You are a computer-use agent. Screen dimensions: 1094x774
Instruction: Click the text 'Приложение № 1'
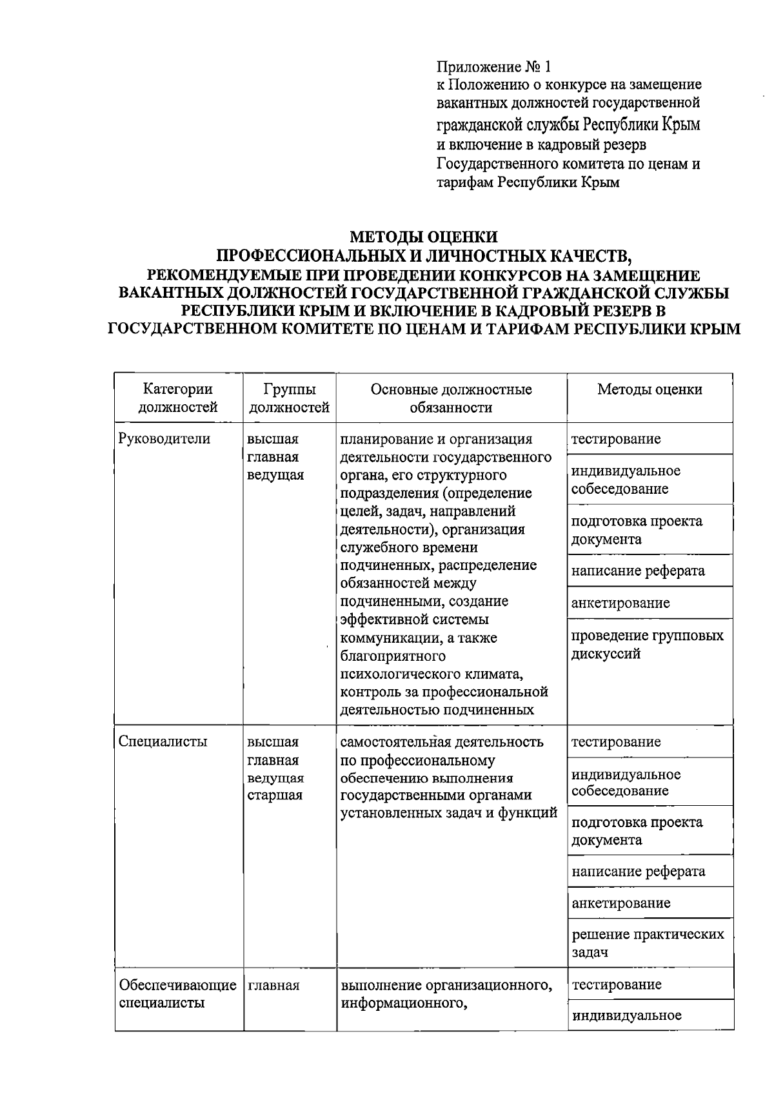click(495, 66)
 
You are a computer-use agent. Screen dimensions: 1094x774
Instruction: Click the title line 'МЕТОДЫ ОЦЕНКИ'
click(423, 237)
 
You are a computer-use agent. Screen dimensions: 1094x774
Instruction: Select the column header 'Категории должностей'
click(178, 398)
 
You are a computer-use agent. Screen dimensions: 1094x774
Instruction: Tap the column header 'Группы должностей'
click(289, 398)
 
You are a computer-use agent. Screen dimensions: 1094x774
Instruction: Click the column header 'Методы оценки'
click(650, 389)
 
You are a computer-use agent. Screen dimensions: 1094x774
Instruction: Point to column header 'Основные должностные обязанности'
click(451, 398)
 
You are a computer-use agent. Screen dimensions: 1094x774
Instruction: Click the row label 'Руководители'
click(164, 439)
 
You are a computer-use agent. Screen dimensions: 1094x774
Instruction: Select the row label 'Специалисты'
click(163, 741)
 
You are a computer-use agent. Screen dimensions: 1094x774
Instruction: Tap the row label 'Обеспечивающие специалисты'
click(177, 993)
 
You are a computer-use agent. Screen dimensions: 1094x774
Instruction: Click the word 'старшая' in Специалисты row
click(274, 795)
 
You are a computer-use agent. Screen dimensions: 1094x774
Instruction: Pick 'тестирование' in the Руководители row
click(616, 439)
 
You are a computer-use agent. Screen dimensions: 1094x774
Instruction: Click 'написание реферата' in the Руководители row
click(637, 571)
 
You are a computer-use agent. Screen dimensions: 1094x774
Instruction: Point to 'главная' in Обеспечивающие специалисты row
click(273, 985)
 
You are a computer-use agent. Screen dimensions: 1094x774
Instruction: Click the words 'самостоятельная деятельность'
click(442, 742)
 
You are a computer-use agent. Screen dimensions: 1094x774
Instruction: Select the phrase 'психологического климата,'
click(432, 674)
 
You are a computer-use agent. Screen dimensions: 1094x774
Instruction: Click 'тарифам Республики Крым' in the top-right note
click(528, 182)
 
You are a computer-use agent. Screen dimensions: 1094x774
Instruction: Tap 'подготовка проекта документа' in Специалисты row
click(636, 831)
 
